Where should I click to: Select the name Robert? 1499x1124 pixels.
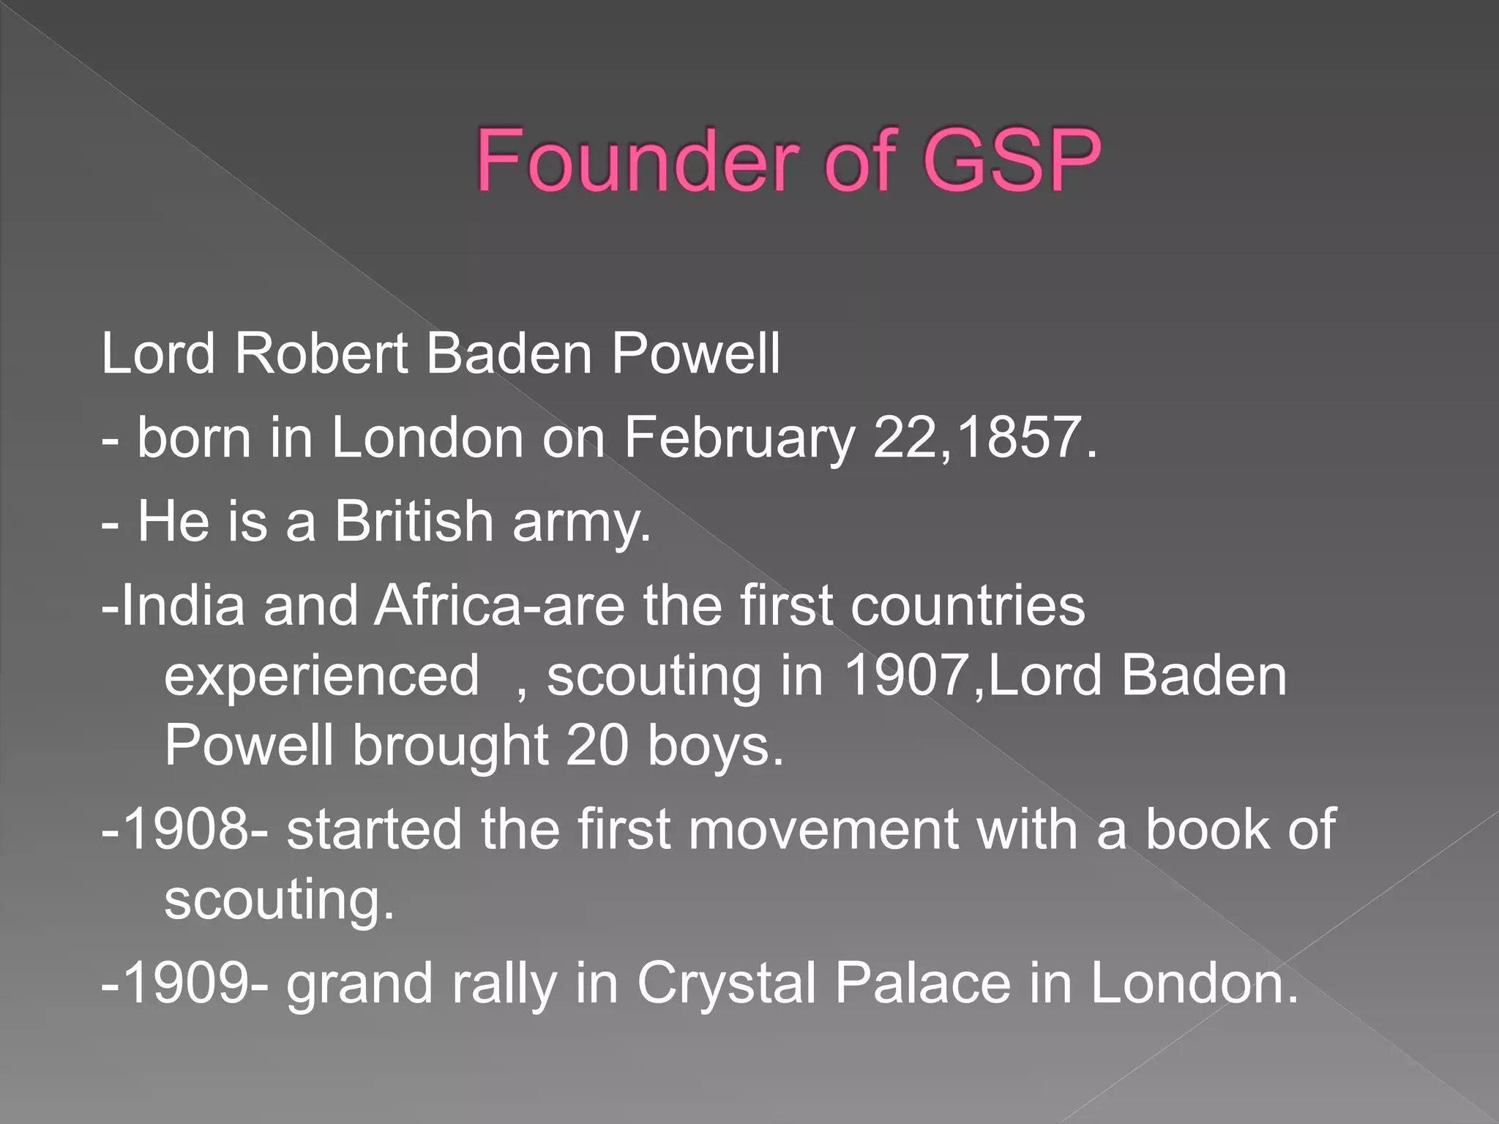[x=321, y=354]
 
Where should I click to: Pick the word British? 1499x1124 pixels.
[x=414, y=522]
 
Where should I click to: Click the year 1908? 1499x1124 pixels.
[x=187, y=830]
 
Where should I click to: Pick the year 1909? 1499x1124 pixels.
[x=187, y=983]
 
